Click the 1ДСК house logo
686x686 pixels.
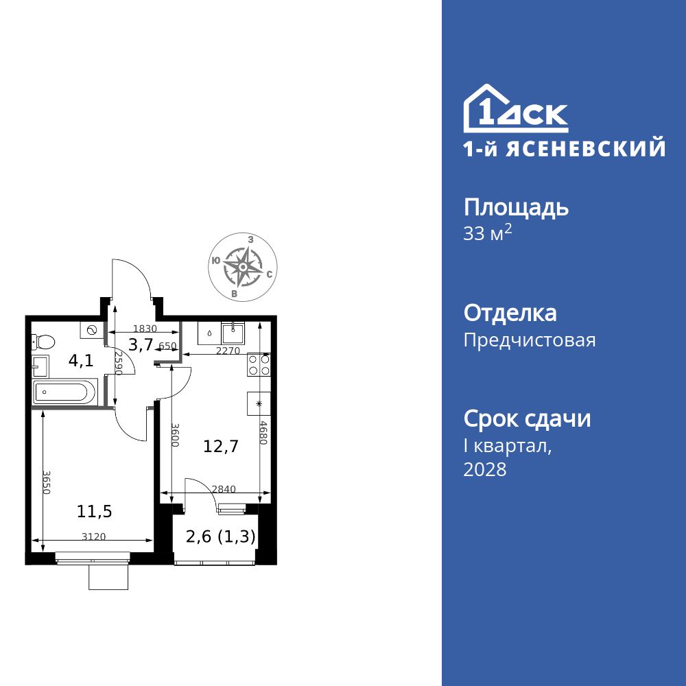[x=515, y=109]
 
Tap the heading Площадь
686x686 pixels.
[x=516, y=207]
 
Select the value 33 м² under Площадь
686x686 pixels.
[x=488, y=233]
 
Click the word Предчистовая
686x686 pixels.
[x=530, y=340]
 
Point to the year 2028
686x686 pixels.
[x=485, y=469]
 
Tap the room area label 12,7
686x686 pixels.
[x=221, y=447]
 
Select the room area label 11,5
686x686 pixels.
[x=95, y=511]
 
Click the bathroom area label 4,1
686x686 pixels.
[x=81, y=361]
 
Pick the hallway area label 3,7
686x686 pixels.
[x=141, y=345]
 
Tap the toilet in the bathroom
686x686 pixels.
[x=44, y=342]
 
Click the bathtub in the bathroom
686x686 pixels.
[x=61, y=394]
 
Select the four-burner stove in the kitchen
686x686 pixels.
[x=259, y=364]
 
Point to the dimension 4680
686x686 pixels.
[x=263, y=432]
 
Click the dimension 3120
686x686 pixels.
[x=93, y=537]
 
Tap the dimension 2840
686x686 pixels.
[x=224, y=489]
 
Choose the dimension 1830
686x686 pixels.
[x=145, y=329]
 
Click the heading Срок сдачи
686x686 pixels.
[x=527, y=418]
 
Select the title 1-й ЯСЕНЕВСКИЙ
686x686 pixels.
[x=564, y=148]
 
